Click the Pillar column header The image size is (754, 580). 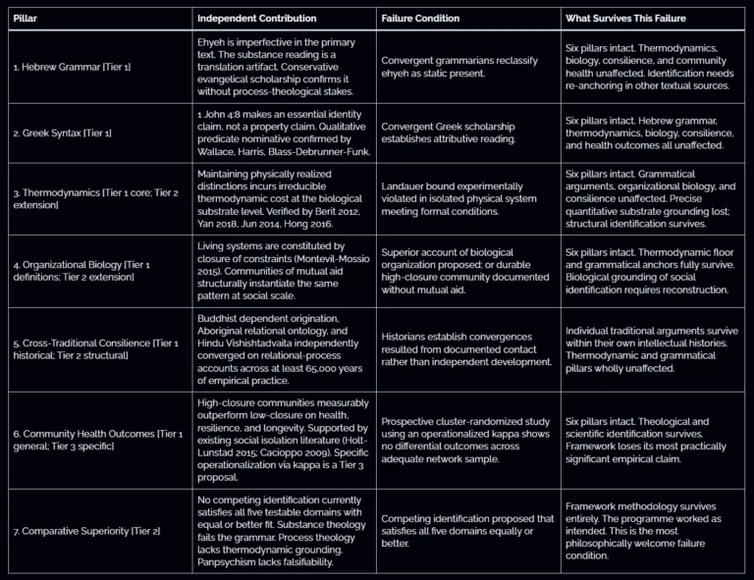pos(26,18)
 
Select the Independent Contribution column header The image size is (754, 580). pos(257,18)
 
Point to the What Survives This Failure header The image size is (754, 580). pos(625,18)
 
